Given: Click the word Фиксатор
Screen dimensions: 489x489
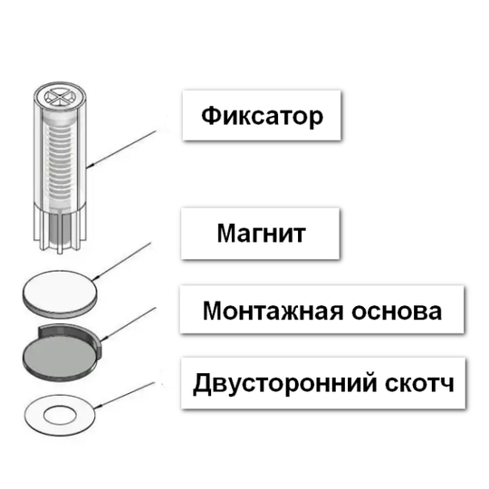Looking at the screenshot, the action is [262, 116].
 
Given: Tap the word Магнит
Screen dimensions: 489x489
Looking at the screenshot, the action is [261, 233].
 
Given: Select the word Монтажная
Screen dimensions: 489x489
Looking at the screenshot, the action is [273, 311].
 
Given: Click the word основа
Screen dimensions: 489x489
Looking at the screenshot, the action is [397, 312].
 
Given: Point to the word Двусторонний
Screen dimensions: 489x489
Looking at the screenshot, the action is [285, 384].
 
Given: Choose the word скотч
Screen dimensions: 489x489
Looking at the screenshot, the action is [419, 384].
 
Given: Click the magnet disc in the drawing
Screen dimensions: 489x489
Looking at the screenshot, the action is [60, 294].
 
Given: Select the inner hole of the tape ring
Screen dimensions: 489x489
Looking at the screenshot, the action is [60, 416].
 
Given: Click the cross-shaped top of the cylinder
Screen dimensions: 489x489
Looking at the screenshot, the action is [60, 97].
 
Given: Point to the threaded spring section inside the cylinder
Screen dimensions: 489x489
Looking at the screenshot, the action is [60, 159].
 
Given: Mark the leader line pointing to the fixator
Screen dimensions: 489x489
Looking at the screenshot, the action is [121, 149].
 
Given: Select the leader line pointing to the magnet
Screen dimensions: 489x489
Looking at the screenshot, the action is [122, 261].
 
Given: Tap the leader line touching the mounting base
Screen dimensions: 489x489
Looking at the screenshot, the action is [129, 324].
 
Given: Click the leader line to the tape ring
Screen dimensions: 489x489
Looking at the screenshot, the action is [125, 395].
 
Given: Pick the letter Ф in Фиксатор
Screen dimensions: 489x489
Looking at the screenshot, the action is [211, 116].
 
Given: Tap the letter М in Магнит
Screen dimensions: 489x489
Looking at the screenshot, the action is [226, 233].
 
